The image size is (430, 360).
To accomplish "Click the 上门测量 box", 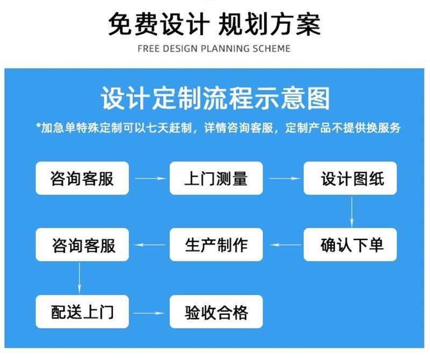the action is coord(216,178).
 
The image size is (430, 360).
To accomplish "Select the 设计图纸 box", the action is coord(350,178).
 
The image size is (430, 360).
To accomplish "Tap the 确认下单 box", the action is coord(350,244).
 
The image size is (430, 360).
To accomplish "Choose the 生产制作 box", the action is coord(216,244).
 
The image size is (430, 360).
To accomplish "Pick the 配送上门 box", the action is coord(82,312).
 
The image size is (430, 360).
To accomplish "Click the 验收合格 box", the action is coord(216,312).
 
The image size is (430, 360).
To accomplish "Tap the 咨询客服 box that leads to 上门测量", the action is coord(82,178).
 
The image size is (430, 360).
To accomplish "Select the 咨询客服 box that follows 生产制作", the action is coord(82,244).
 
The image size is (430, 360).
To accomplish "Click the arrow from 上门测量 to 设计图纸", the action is coord(285,179).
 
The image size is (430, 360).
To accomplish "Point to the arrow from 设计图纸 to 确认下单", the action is coord(352,211).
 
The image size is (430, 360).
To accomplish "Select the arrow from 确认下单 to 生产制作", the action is coord(285,245).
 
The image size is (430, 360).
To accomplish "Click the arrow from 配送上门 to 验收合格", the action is coord(149,313).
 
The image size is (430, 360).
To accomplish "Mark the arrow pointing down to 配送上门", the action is coord(79,278).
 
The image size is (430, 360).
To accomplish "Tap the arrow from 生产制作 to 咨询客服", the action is coord(150,245).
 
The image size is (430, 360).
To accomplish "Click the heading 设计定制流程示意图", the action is coord(216,98).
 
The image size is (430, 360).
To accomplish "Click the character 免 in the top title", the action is coord(120,24).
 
